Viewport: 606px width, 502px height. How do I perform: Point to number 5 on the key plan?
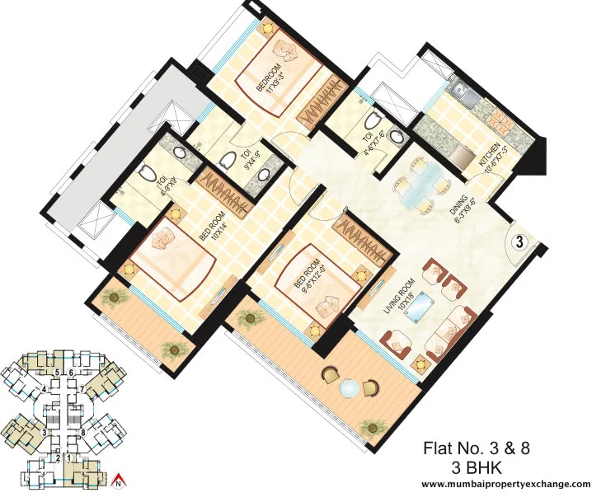[57, 373]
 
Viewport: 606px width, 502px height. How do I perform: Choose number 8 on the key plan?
[83, 432]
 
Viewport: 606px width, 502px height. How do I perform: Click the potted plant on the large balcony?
[375, 426]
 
